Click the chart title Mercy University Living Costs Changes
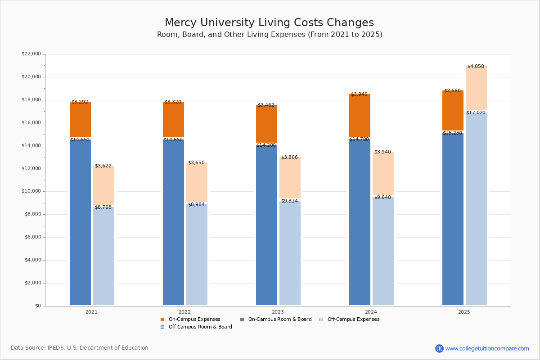click(x=269, y=22)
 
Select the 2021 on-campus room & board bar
click(x=80, y=223)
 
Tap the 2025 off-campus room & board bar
click(x=476, y=209)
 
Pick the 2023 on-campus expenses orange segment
click(x=266, y=124)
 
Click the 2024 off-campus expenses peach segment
click(x=383, y=173)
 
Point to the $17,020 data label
click(x=476, y=113)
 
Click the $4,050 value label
click(x=476, y=67)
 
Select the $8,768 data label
click(x=103, y=207)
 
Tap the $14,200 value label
click(x=266, y=145)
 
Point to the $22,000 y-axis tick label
click(x=31, y=54)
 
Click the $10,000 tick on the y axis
click(x=31, y=191)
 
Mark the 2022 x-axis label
click(x=184, y=312)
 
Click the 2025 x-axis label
click(x=464, y=312)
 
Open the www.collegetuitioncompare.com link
click(x=487, y=348)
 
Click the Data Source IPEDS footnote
click(x=80, y=348)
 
